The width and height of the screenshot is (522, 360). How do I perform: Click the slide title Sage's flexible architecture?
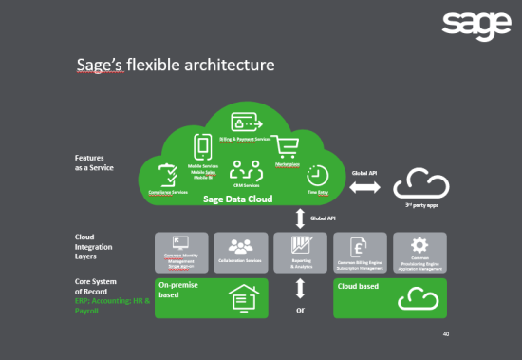176,66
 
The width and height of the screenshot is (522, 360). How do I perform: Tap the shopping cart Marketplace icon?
289,147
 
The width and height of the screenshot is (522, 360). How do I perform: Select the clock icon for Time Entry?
317,176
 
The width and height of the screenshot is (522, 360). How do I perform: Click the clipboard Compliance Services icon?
168,176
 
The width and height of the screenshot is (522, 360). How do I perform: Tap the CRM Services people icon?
246,171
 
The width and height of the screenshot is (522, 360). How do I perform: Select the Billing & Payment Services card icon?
247,123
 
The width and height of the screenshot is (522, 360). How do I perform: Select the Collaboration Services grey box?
238,251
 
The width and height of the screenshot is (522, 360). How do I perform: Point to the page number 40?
446,334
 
